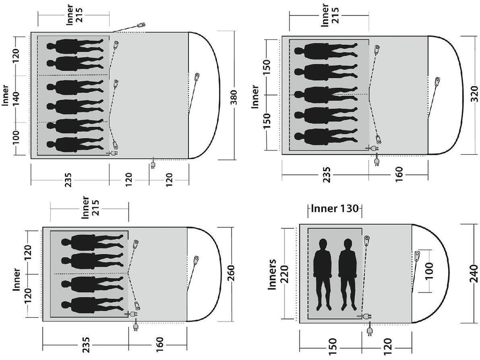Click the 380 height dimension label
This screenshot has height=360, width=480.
tap(234, 97)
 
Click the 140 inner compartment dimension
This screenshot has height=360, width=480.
tap(16, 98)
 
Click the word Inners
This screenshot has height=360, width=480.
tap(272, 274)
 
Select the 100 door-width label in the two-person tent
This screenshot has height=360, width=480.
tap(429, 271)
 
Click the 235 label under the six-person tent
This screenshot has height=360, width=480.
tap(68, 180)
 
